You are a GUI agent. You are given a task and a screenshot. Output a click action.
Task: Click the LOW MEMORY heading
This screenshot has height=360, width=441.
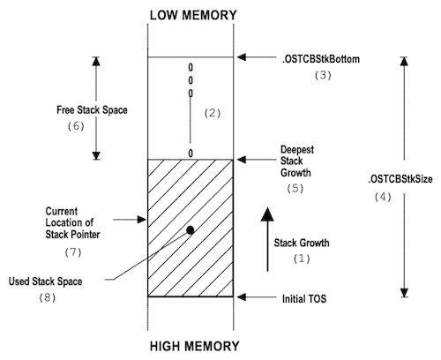tap(193, 15)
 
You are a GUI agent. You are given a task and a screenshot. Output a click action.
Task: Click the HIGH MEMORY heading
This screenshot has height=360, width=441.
tap(194, 346)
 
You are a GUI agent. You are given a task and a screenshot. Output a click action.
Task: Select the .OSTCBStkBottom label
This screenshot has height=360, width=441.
tap(321, 59)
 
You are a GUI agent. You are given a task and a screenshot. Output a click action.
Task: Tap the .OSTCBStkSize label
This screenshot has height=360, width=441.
tap(400, 179)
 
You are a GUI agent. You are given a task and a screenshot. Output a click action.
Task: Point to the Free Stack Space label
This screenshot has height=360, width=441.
tap(92, 110)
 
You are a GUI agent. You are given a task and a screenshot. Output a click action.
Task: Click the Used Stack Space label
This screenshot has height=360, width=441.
tap(45, 281)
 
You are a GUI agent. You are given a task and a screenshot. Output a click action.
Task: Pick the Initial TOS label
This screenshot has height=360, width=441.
tap(304, 299)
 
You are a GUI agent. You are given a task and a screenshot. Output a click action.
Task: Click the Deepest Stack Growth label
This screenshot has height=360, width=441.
tap(297, 161)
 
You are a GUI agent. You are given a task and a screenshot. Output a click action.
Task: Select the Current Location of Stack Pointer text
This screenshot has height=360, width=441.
tap(72, 223)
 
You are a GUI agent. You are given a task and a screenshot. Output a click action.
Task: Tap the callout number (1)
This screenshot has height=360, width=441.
tap(302, 259)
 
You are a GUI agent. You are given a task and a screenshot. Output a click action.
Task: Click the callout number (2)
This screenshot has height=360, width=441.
tap(212, 113)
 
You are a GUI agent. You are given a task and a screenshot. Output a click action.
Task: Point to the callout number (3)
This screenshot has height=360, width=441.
tap(323, 75)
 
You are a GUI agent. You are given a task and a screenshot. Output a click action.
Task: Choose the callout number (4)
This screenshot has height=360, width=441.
tap(383, 197)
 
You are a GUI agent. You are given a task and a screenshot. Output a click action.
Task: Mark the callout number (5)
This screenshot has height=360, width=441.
tap(295, 188)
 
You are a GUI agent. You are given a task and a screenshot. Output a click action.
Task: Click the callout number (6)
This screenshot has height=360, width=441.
tap(76, 126)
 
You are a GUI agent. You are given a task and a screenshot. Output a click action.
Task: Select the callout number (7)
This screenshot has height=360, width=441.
tap(73, 252)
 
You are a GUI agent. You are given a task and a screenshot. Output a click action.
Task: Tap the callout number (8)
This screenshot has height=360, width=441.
tap(47, 297)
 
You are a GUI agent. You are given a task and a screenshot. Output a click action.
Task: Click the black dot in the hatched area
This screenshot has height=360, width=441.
tap(191, 230)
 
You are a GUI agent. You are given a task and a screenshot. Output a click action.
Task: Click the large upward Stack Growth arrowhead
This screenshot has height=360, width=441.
tap(267, 214)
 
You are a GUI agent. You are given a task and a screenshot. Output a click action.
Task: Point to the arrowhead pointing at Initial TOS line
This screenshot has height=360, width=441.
tap(242, 297)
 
